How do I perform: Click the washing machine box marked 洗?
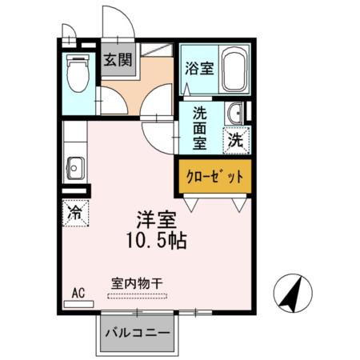(x=237, y=138)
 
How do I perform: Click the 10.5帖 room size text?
(x=157, y=240)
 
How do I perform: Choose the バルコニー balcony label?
(x=138, y=333)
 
